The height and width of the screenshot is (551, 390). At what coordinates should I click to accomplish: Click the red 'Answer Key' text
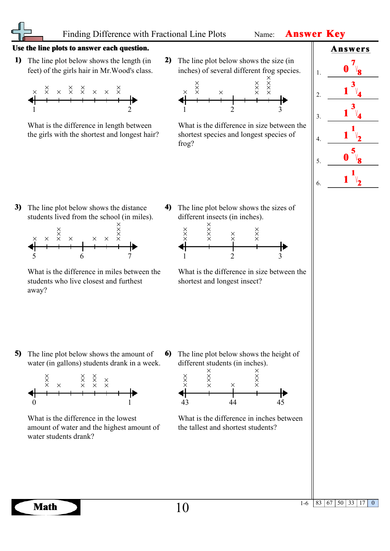click(x=315, y=34)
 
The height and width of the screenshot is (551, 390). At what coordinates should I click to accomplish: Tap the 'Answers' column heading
click(x=350, y=49)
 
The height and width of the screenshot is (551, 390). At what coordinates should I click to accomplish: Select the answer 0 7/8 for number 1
click(x=352, y=68)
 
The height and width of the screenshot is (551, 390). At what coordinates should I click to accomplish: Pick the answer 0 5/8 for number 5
click(x=352, y=156)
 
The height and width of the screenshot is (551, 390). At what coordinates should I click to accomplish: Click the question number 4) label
click(x=168, y=207)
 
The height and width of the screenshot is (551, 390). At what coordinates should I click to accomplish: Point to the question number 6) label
click(x=168, y=353)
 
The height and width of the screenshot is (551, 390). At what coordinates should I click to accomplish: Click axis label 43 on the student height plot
click(x=185, y=402)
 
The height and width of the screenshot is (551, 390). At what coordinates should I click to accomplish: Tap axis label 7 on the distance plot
click(x=130, y=256)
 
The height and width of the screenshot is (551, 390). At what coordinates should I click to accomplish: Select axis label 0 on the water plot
click(x=34, y=402)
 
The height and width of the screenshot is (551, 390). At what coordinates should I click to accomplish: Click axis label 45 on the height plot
click(x=280, y=402)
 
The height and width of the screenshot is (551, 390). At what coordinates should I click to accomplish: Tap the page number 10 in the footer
click(x=182, y=508)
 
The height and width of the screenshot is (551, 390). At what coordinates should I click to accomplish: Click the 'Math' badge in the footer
click(x=46, y=507)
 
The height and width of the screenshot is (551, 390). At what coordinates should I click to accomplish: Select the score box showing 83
click(x=319, y=503)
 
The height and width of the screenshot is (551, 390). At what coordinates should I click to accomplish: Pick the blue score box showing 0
click(x=373, y=503)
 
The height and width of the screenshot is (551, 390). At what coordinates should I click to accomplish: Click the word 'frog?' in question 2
click(x=186, y=143)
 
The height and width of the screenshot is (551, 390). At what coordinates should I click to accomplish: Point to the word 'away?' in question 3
click(x=37, y=290)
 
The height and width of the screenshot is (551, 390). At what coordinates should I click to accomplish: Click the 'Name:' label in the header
click(x=264, y=34)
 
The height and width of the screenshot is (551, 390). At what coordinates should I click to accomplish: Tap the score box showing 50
click(x=340, y=503)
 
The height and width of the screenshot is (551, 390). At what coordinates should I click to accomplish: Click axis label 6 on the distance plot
click(x=82, y=256)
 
